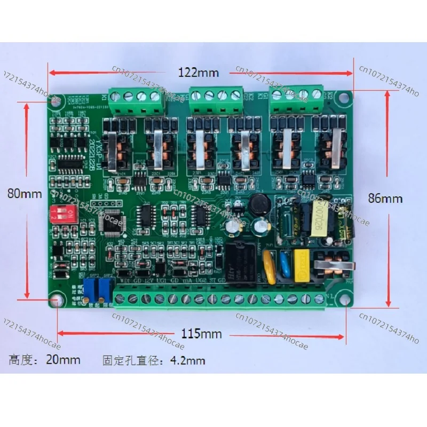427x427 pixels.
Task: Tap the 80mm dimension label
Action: (x=24, y=194)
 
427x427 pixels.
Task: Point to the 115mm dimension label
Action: (x=201, y=335)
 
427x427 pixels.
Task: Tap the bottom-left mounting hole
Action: (x=56, y=303)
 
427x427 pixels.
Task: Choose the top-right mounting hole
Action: (x=343, y=97)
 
